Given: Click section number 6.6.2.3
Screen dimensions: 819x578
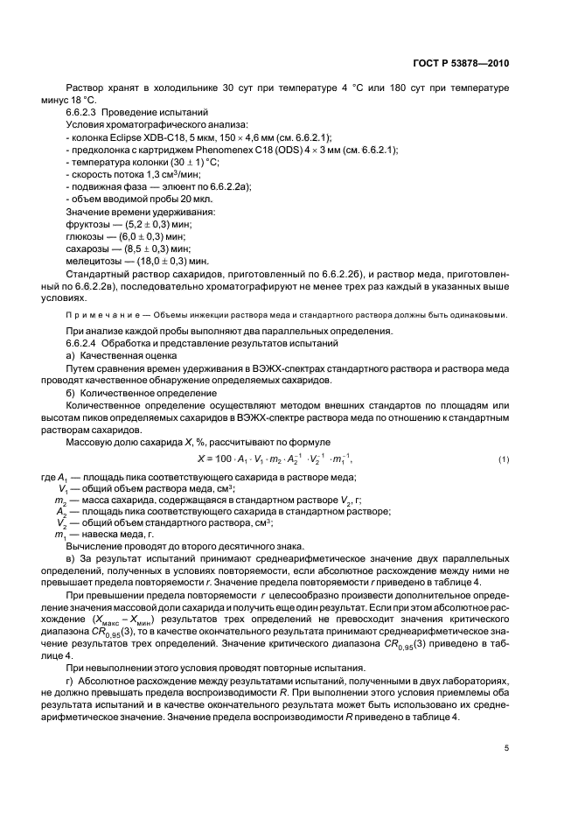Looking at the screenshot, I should (85, 112).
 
